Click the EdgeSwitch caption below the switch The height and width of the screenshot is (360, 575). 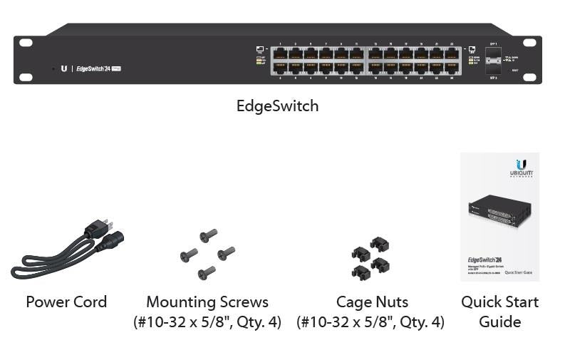pos(277,106)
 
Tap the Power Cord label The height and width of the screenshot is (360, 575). pos(66,302)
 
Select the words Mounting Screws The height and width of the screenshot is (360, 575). pos(207,302)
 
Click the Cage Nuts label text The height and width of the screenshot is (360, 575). pos(372,302)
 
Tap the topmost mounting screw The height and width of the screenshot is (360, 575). pos(209,235)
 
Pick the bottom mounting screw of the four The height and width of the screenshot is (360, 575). pos(207,272)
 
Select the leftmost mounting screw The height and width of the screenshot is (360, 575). pos(189,253)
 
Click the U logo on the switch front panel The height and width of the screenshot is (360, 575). pos(64,68)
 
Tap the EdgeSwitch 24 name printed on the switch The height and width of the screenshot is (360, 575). pos(93,68)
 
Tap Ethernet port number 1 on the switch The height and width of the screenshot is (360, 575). pos(279,53)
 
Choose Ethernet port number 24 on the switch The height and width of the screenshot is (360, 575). pos(452,68)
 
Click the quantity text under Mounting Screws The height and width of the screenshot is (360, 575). pos(207,322)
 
